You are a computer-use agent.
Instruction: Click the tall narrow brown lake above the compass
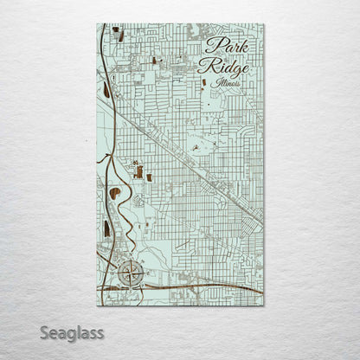point(106,228)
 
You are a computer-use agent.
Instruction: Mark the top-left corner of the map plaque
point(96,24)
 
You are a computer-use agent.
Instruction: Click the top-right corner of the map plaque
point(264,24)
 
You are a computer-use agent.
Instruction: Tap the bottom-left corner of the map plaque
point(96,305)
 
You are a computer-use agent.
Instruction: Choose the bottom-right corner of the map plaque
point(264,305)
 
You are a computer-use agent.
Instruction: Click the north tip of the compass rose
point(129,263)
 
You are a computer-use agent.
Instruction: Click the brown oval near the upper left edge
point(106,89)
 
